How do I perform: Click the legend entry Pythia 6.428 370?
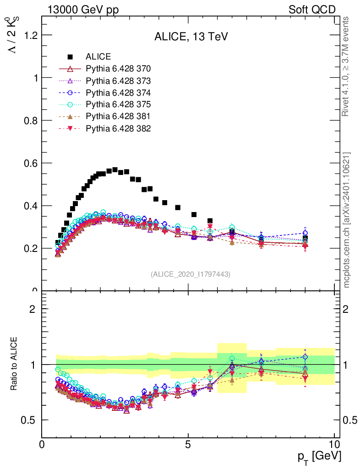point(118,69)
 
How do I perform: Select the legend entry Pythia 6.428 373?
point(118,81)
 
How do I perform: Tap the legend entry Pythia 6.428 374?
point(118,93)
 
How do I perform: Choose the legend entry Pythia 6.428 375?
point(118,105)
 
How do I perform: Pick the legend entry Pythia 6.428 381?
point(118,117)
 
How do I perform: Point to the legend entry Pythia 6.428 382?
point(118,129)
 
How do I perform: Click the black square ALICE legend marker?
point(70,57)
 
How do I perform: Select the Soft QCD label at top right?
point(312,10)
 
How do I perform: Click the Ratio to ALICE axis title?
point(14,365)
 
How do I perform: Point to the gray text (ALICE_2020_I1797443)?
point(191,274)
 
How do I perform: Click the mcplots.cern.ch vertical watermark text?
point(347,220)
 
